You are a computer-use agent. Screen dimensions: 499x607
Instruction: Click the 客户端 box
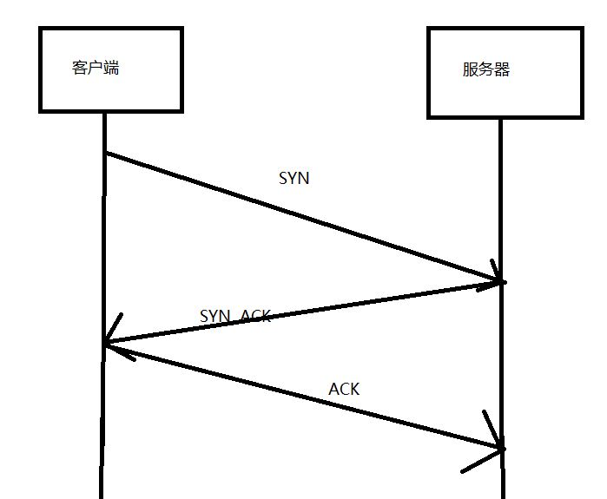110,69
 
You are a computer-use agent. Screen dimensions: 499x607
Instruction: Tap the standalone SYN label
294,179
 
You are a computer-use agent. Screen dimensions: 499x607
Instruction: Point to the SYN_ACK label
235,316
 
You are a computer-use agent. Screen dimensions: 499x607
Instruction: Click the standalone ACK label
344,389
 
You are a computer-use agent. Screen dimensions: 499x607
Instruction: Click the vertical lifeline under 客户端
102,417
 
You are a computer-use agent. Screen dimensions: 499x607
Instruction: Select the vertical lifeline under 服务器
501,364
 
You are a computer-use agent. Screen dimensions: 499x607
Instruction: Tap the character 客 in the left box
80,68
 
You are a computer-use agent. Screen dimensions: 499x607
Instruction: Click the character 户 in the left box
95,68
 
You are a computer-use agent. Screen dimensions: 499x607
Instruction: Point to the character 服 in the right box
470,70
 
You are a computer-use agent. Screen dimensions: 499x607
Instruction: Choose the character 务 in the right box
485,70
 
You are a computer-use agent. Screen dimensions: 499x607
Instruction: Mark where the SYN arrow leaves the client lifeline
105,154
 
